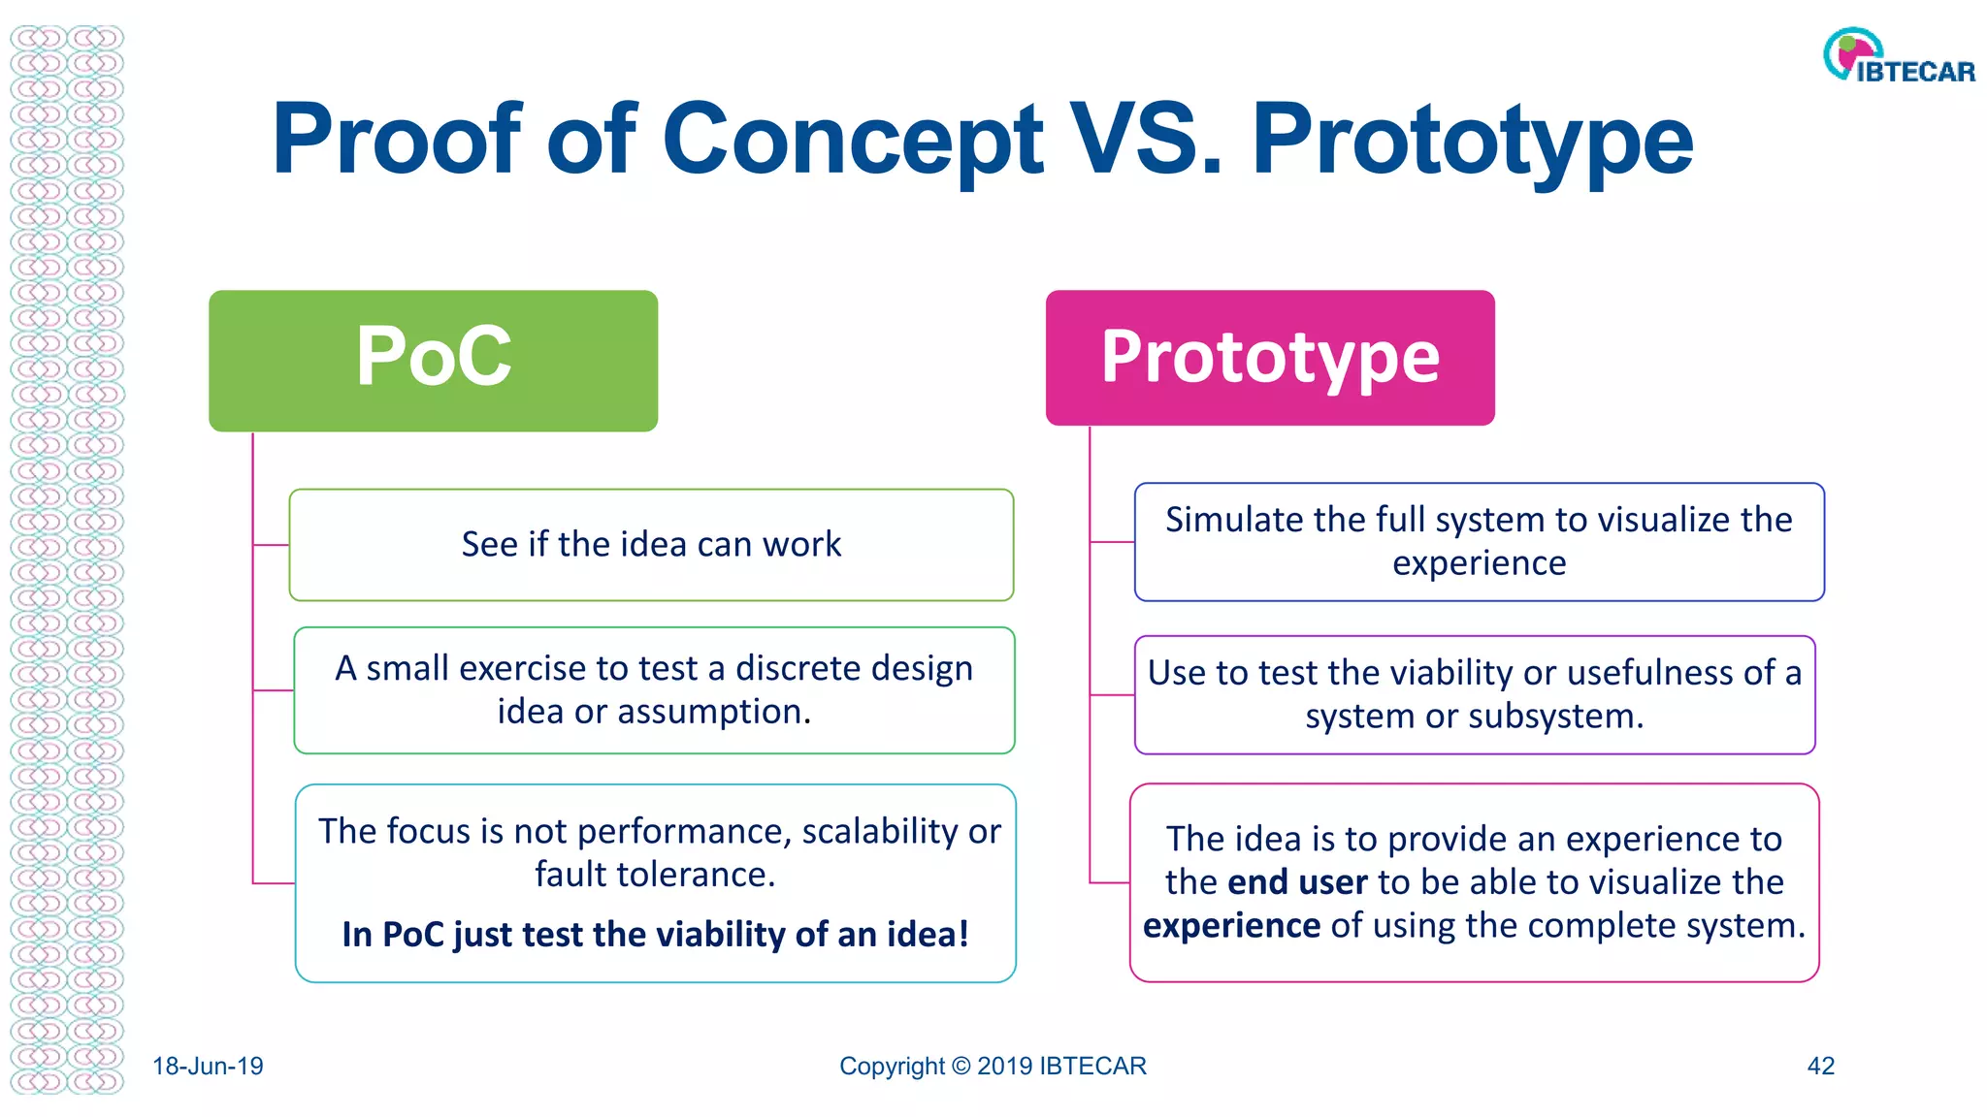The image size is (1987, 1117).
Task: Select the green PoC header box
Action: point(433,360)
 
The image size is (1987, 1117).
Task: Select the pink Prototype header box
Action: point(1269,358)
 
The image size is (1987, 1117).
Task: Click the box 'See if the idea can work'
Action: point(651,545)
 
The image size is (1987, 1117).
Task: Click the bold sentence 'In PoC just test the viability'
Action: point(655,935)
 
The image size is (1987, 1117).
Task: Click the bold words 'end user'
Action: point(1297,882)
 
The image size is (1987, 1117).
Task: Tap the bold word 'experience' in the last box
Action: point(1231,926)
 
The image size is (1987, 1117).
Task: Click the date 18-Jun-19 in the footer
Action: point(208,1067)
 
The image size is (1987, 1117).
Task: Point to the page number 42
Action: point(1820,1067)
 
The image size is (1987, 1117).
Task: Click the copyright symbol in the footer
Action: point(961,1067)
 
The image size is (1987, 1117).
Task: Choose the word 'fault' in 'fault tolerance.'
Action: point(569,875)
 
